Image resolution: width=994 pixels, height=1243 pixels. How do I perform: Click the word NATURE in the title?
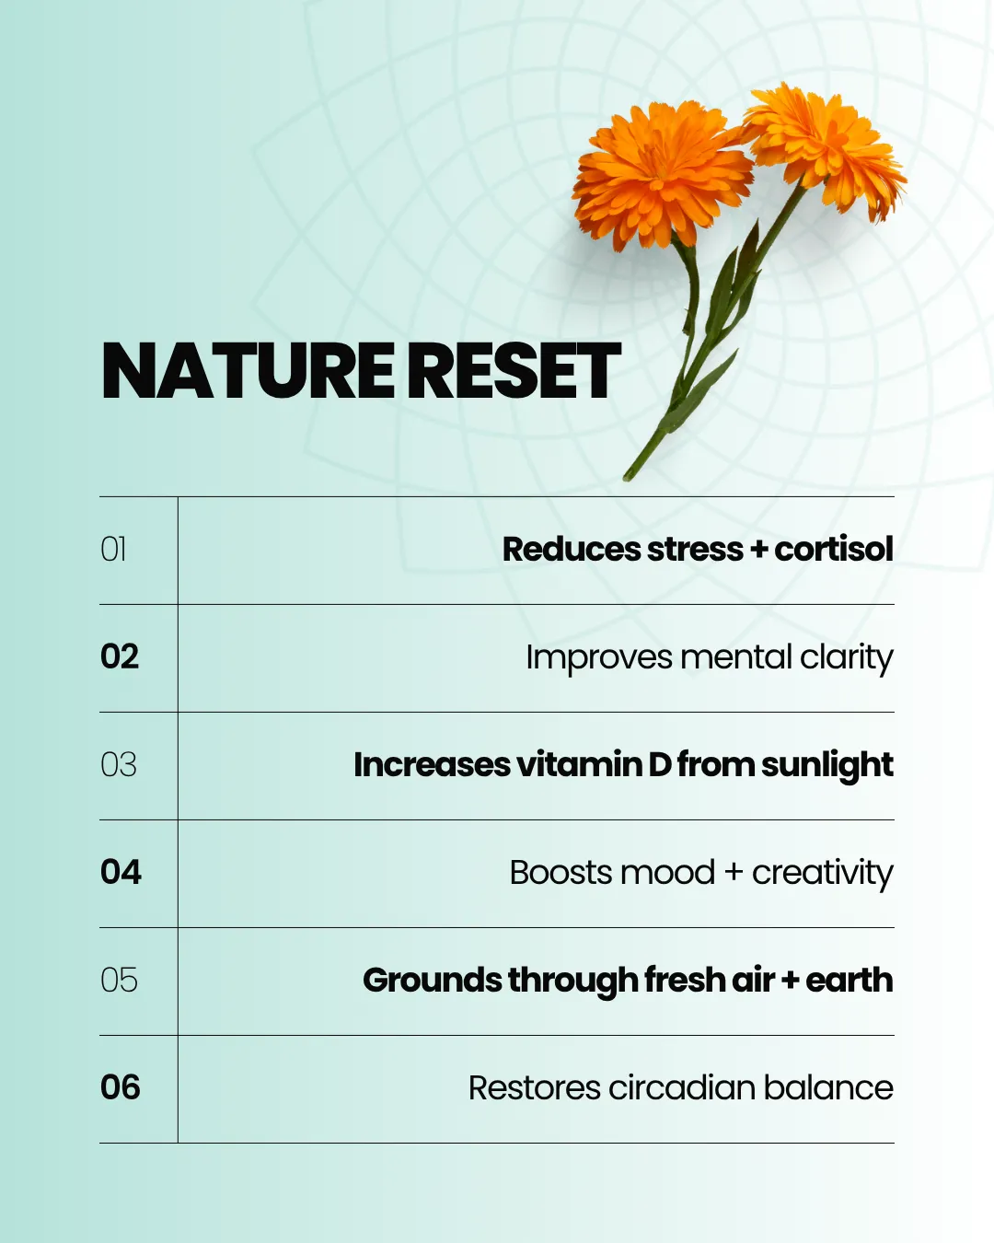248,371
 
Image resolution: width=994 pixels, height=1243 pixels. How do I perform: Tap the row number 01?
113,550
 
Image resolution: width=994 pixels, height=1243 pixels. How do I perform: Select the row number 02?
120,656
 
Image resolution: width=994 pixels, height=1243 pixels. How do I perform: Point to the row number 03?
119,764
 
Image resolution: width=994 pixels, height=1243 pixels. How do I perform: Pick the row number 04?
121,872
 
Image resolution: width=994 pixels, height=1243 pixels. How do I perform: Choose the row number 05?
120,980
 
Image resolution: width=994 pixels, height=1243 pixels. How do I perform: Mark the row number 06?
121,1087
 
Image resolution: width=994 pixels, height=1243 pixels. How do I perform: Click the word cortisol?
833,550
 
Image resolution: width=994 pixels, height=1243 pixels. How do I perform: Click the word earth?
849,980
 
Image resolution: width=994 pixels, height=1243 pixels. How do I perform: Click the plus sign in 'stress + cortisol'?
758,550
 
